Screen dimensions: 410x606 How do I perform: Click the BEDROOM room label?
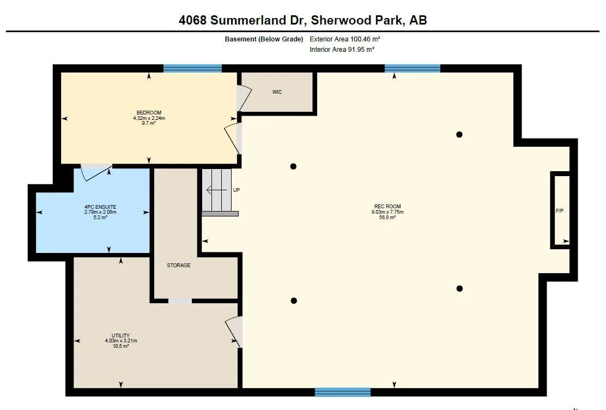(x=149, y=113)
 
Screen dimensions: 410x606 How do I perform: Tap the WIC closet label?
(x=277, y=92)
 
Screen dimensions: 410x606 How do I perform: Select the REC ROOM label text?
(x=387, y=206)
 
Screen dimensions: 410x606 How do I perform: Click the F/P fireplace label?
(x=559, y=210)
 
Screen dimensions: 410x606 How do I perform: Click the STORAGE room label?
(x=179, y=266)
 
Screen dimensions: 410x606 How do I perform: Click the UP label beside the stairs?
(x=236, y=190)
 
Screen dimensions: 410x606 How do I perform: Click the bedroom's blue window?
(x=192, y=69)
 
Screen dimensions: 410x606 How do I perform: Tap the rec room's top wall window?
(x=412, y=69)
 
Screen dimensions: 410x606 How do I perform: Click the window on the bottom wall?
(x=343, y=392)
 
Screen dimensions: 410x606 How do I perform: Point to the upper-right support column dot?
(x=459, y=135)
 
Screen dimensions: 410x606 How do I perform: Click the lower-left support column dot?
(x=294, y=300)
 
